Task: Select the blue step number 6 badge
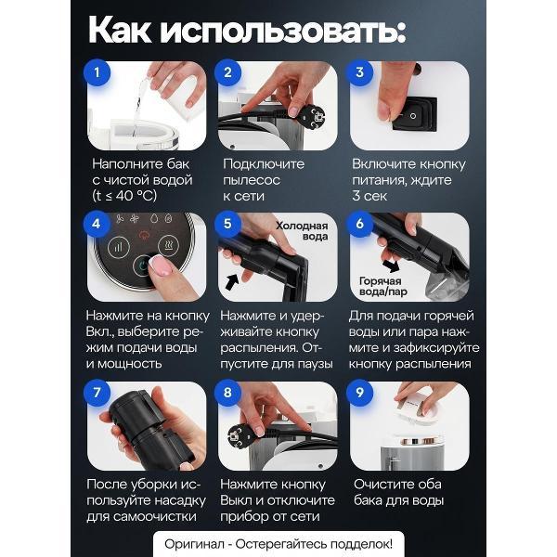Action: tap(358, 223)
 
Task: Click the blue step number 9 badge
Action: tap(358, 391)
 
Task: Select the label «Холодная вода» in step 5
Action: tap(302, 231)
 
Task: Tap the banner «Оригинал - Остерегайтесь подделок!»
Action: tap(278, 543)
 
